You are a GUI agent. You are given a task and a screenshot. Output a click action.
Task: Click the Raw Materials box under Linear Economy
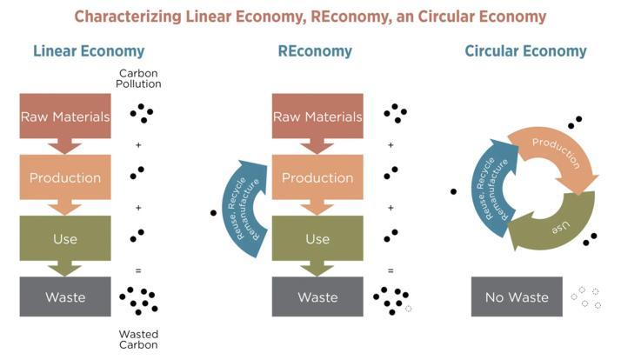(65, 116)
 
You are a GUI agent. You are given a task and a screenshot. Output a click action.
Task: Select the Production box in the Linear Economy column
(65, 177)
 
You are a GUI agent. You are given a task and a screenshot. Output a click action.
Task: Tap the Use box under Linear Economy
(65, 238)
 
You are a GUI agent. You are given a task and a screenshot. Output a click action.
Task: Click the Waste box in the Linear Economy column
(65, 297)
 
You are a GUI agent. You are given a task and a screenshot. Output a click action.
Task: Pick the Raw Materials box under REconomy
(317, 116)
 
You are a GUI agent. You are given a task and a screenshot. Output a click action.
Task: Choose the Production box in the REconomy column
(317, 177)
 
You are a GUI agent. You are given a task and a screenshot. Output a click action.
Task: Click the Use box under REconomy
(317, 238)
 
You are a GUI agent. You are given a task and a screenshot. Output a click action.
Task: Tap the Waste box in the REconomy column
(317, 297)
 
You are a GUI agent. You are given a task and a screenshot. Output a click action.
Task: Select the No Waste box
(517, 297)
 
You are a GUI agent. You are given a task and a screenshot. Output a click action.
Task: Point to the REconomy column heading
(315, 51)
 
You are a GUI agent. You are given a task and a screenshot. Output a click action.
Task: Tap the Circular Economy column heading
(526, 51)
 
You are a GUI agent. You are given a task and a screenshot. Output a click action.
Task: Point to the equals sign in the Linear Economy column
(137, 270)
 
